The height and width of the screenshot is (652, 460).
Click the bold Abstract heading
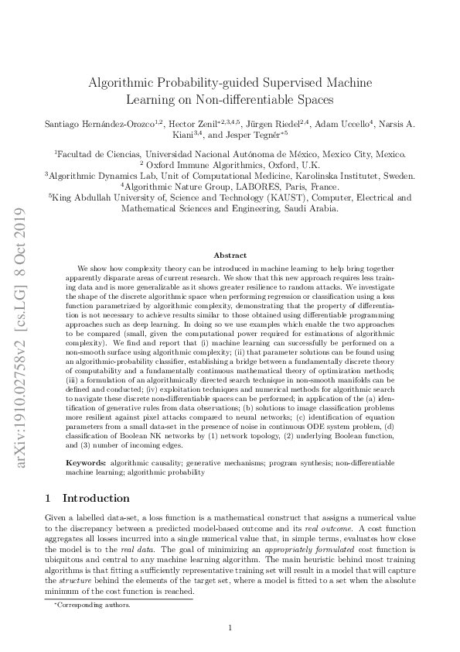coord(230,255)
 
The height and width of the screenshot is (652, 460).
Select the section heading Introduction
coord(97,499)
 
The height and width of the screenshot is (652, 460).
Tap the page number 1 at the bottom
coord(230,628)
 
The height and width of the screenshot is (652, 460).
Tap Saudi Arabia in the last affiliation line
coord(307,208)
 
